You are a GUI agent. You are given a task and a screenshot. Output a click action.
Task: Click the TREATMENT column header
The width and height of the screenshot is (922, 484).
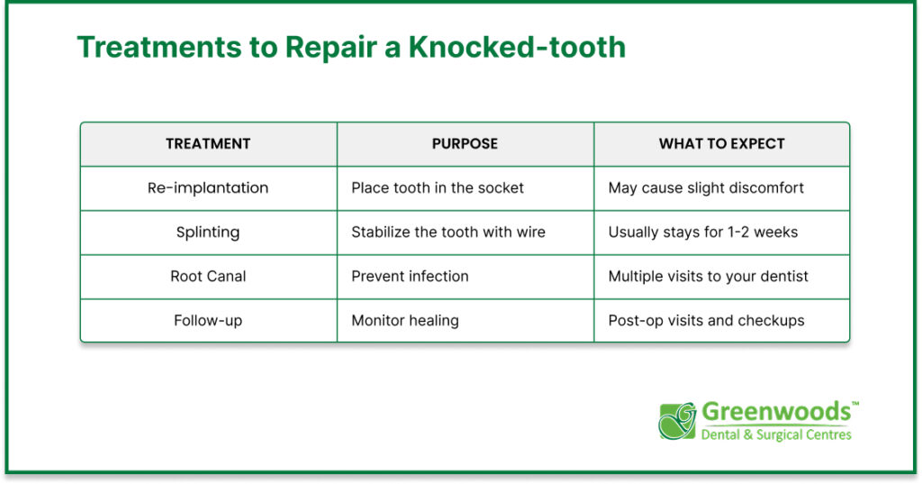pyautogui.click(x=208, y=143)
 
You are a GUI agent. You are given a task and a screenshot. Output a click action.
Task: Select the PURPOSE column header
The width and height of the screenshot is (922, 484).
pyautogui.click(x=466, y=143)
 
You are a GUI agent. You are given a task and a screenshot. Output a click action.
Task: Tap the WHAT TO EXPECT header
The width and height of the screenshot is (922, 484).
pyautogui.click(x=722, y=143)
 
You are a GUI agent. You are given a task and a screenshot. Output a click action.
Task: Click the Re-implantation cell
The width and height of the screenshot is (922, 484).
pyautogui.click(x=208, y=187)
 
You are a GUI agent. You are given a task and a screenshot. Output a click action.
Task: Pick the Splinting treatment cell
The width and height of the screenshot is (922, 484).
pyautogui.click(x=208, y=232)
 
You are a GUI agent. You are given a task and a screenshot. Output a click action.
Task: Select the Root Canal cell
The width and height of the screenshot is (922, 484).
pyautogui.click(x=208, y=276)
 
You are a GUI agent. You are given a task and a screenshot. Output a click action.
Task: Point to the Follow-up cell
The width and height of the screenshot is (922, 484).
pyautogui.click(x=208, y=320)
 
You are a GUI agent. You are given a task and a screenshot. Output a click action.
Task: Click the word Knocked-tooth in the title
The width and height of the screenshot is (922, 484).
pyautogui.click(x=518, y=47)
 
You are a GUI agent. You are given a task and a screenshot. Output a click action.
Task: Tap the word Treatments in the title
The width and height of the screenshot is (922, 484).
pyautogui.click(x=159, y=47)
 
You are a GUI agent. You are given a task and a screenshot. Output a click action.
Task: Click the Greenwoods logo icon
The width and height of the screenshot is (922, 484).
pyautogui.click(x=677, y=420)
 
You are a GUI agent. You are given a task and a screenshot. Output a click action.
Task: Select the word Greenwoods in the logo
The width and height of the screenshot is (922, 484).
pyautogui.click(x=776, y=412)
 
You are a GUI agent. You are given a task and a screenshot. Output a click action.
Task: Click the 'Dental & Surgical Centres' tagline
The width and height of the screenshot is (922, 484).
pyautogui.click(x=776, y=435)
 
